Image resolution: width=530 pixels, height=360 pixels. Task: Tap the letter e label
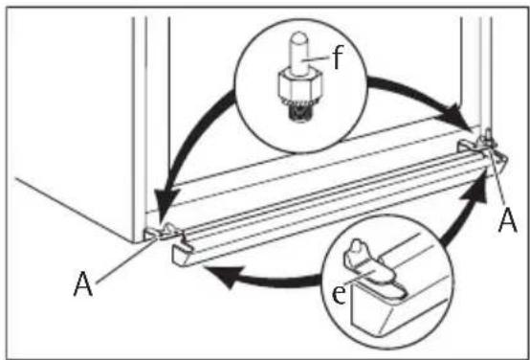tap(339, 295)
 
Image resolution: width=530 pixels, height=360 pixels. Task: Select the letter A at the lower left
tap(83, 284)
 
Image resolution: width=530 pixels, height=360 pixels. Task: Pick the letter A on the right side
tap(508, 220)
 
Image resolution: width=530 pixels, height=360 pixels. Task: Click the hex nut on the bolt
tap(299, 83)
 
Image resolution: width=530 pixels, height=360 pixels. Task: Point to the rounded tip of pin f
tap(299, 36)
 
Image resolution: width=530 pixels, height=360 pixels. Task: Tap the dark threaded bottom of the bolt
tap(299, 113)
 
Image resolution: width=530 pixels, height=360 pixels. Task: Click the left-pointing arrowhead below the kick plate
tap(224, 275)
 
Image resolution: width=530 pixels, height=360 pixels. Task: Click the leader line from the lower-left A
tap(127, 259)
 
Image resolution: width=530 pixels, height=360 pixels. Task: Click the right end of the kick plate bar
tap(487, 163)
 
